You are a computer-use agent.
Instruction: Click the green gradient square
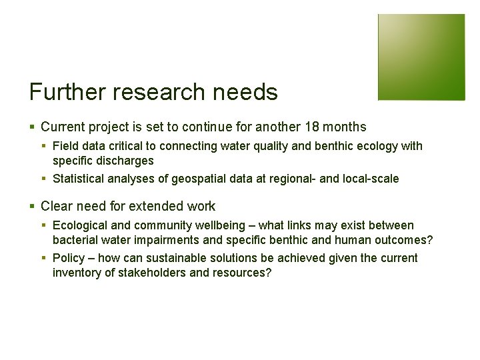point(421,57)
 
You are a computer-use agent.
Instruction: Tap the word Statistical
point(79,178)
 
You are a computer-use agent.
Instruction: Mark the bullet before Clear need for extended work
point(33,207)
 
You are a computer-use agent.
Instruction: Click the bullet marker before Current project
point(33,127)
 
